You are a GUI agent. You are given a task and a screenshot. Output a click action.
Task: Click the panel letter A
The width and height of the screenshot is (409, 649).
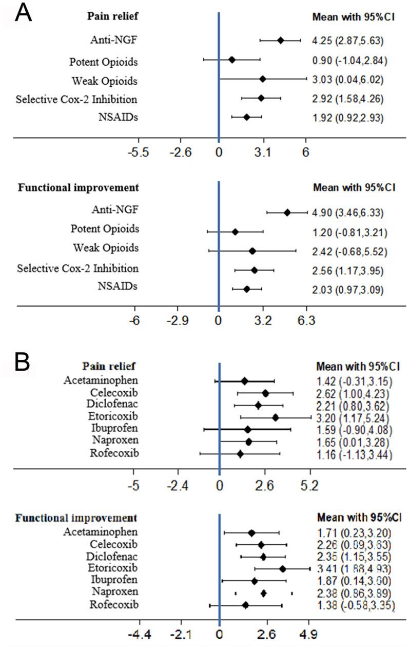(x=24, y=13)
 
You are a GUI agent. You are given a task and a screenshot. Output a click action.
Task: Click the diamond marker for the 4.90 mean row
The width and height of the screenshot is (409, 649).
(x=287, y=213)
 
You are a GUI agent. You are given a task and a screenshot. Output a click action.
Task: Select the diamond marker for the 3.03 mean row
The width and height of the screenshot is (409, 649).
(x=263, y=79)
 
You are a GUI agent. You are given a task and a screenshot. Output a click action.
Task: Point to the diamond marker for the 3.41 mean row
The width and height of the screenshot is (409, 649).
(x=282, y=568)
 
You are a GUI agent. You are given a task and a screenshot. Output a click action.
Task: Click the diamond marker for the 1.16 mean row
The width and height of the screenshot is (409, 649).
(x=240, y=454)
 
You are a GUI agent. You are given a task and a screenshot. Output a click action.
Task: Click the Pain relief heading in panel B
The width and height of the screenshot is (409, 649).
(x=105, y=366)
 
